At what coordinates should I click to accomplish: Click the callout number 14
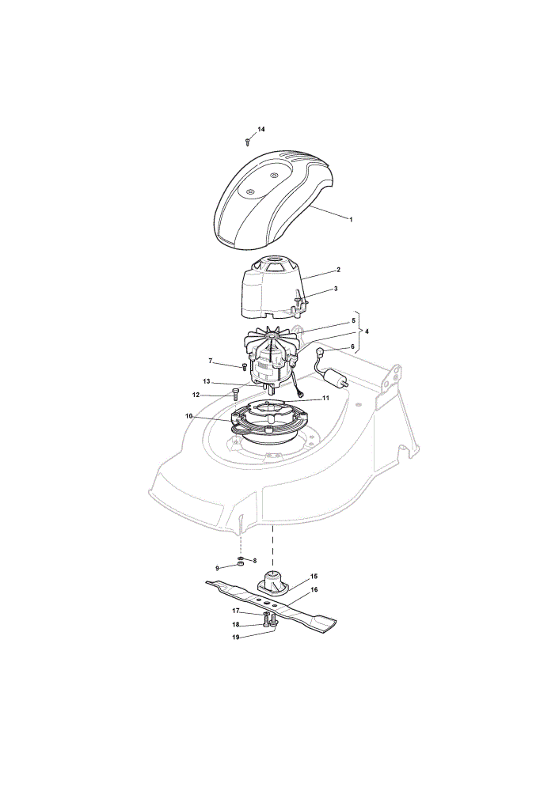pyautogui.click(x=261, y=129)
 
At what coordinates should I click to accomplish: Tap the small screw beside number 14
pyautogui.click(x=248, y=142)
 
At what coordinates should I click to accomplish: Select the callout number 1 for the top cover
pyautogui.click(x=351, y=219)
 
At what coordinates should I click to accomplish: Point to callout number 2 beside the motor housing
pyautogui.click(x=338, y=270)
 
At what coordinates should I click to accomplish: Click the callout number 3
pyautogui.click(x=336, y=289)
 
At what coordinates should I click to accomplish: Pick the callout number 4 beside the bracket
pyautogui.click(x=367, y=331)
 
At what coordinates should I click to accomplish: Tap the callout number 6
pyautogui.click(x=352, y=346)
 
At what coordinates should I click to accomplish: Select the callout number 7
pyautogui.click(x=211, y=361)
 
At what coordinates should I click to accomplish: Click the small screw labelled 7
pyautogui.click(x=245, y=365)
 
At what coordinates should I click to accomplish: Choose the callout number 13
pyautogui.click(x=206, y=381)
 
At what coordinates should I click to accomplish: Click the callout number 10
pyautogui.click(x=189, y=416)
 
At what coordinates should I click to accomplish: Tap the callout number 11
pyautogui.click(x=325, y=398)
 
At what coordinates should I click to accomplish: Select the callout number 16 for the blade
pyautogui.click(x=314, y=590)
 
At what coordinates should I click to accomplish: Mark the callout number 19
pyautogui.click(x=235, y=637)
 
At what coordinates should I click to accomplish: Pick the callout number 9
pyautogui.click(x=217, y=568)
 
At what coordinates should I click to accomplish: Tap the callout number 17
pyautogui.click(x=235, y=611)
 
